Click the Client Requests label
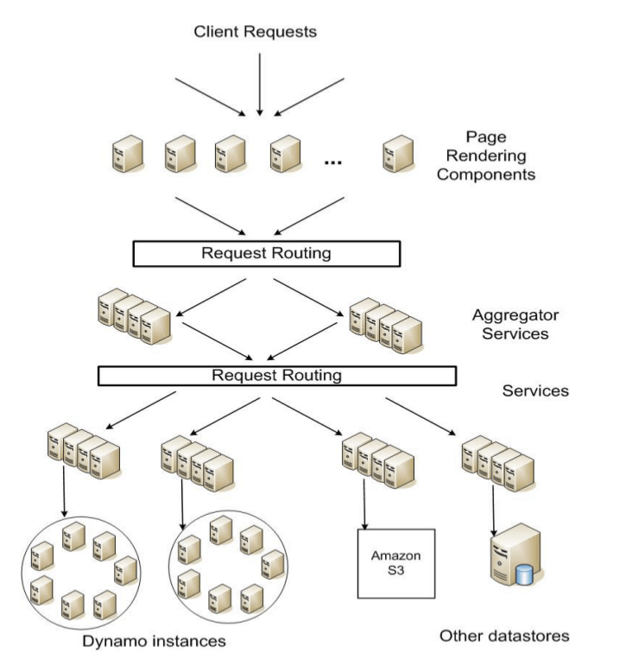pos(256,33)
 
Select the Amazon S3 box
pos(396,562)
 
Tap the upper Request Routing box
pos(266,253)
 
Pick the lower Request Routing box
pos(276,376)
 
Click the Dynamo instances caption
pos(155,641)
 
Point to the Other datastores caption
pos(504,636)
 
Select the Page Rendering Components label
pos(485,155)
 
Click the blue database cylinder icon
pos(523,574)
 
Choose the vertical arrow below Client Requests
pos(258,82)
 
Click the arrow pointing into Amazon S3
pos(365,505)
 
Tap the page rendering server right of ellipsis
pos(396,154)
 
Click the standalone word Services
pos(535,390)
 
